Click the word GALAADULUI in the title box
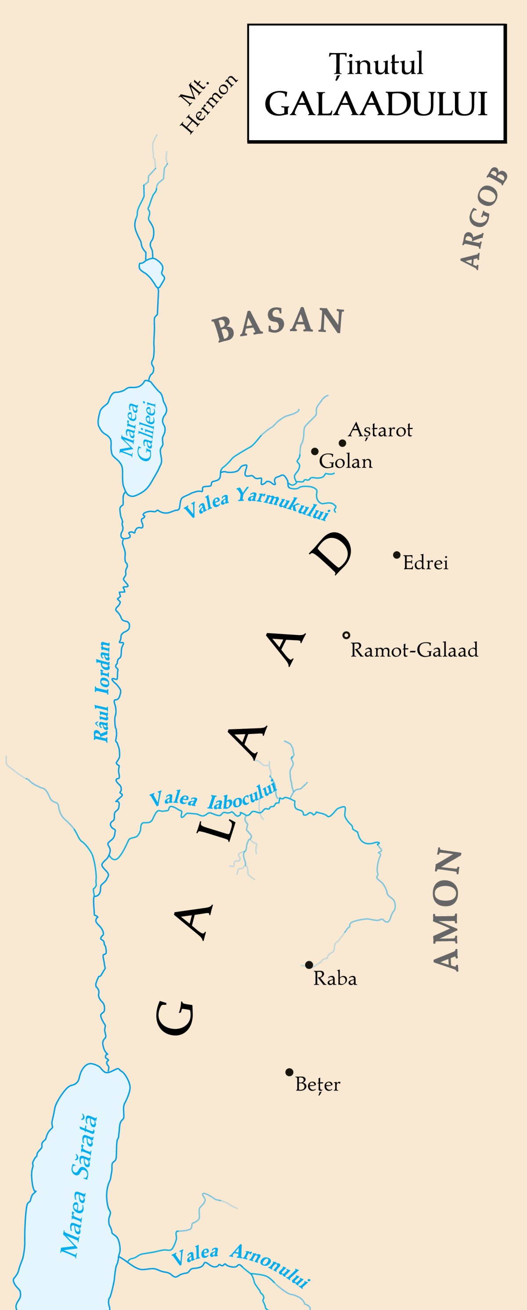click(376, 104)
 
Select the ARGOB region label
click(483, 218)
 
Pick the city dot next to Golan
click(315, 451)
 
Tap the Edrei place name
click(425, 563)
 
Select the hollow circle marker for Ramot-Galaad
click(347, 635)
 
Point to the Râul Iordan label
click(102, 692)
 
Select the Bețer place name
click(318, 1084)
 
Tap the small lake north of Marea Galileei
click(152, 271)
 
